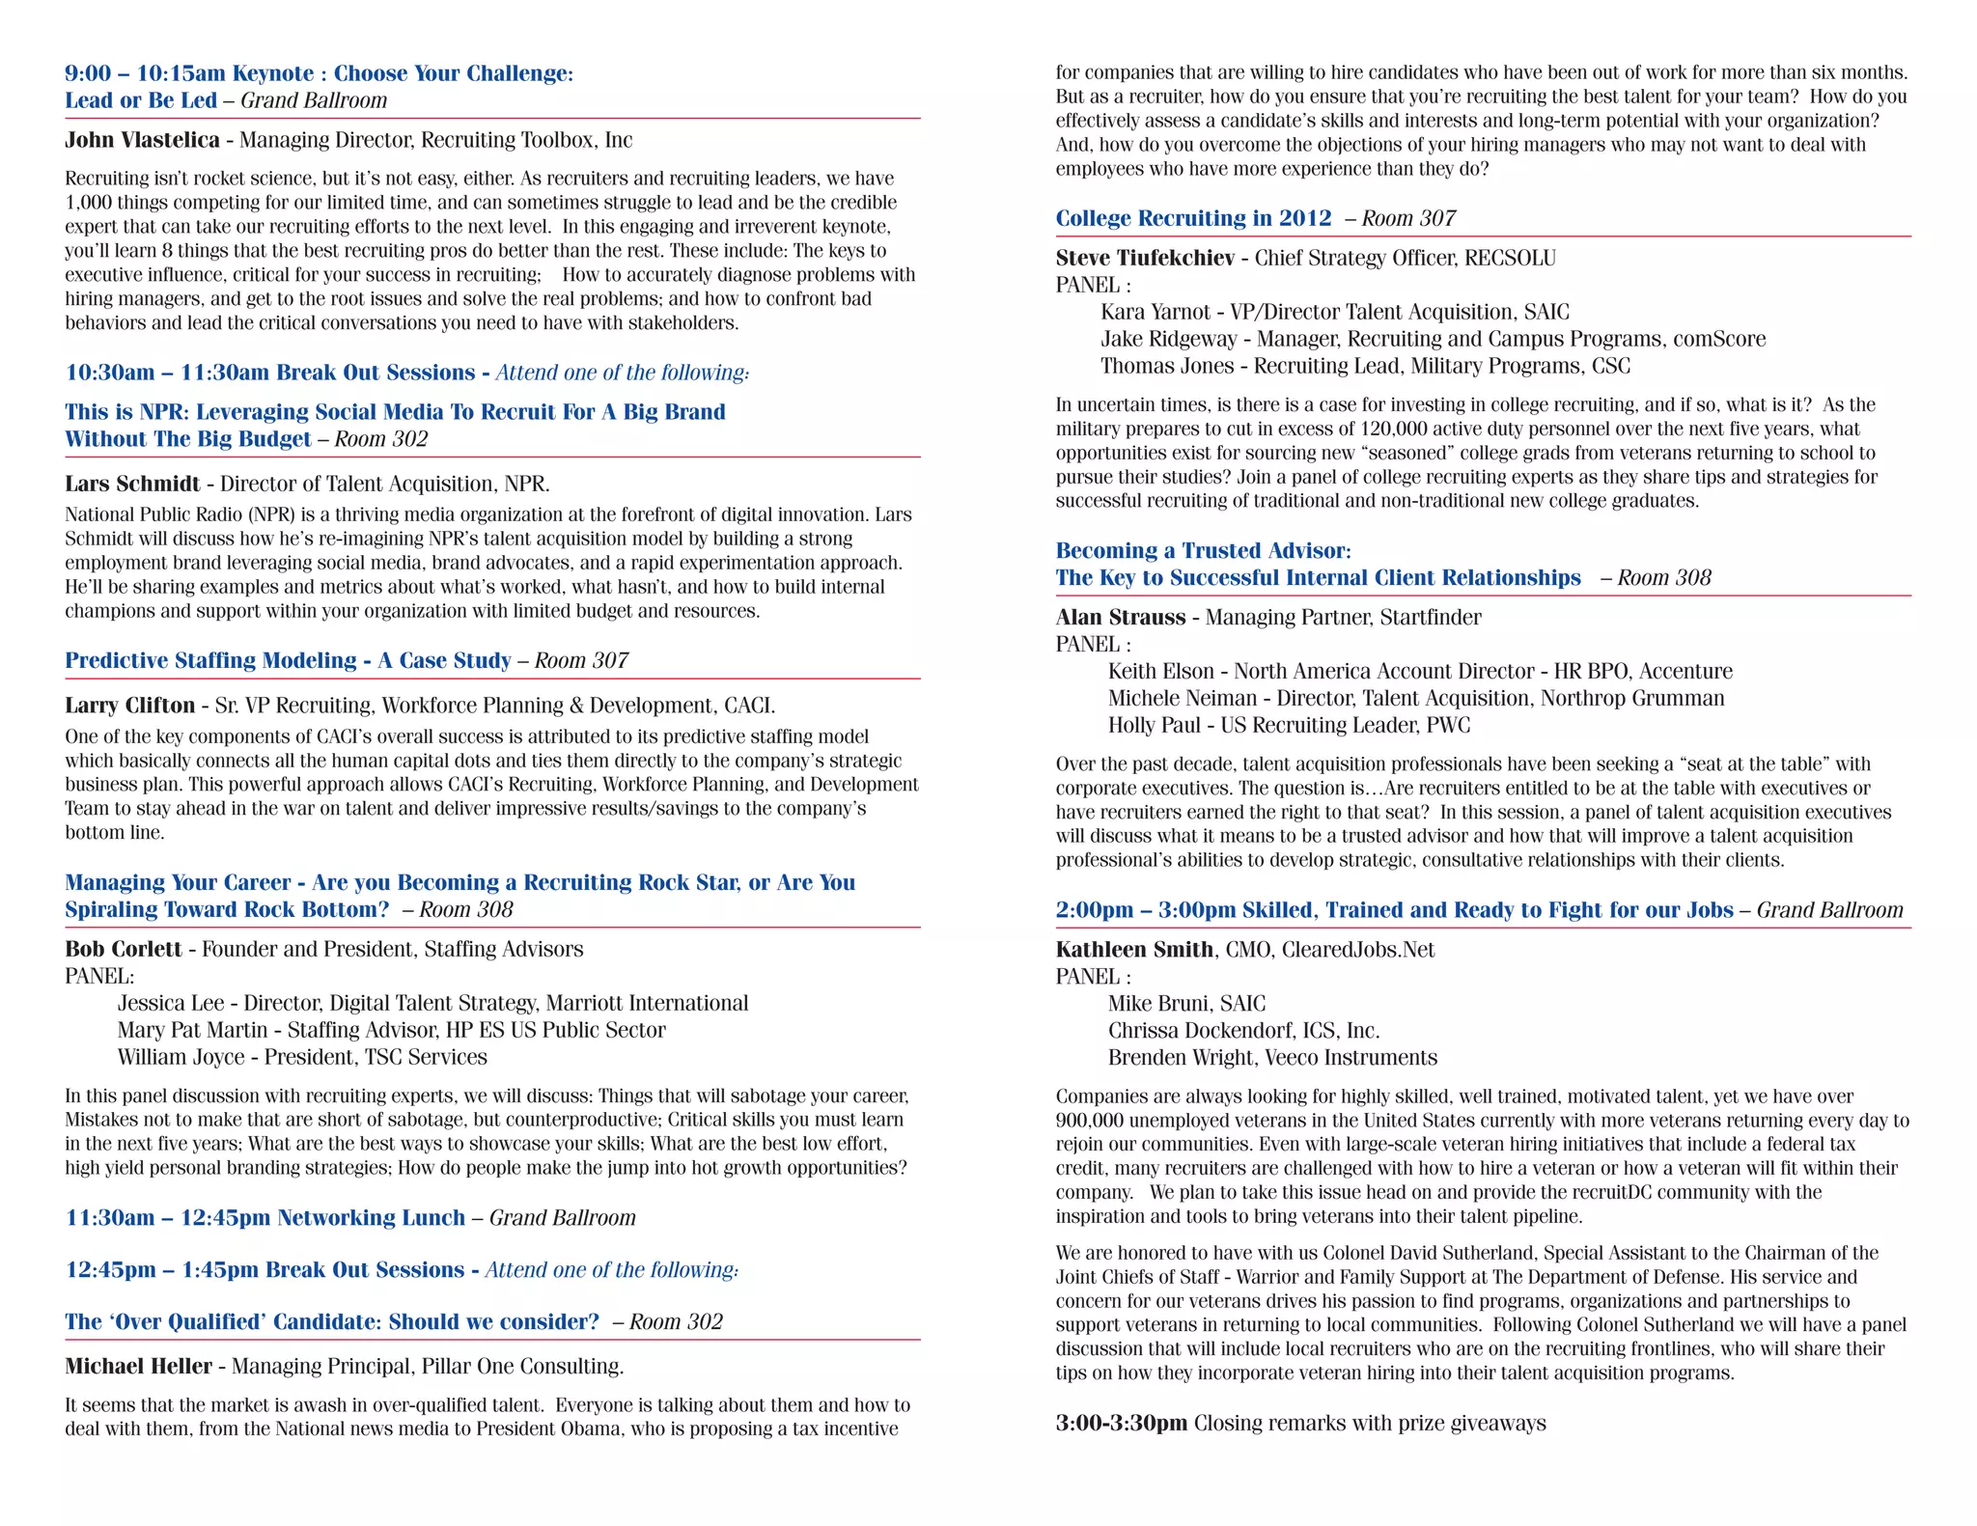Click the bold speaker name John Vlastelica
142,140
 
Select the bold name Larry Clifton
129,706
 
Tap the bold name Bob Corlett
123,949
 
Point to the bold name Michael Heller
138,1366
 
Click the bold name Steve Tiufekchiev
1144,258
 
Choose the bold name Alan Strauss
1120,617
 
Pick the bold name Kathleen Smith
1133,949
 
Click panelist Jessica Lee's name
170,1003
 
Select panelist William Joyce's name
181,1057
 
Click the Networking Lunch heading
371,1217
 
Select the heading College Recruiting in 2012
1193,218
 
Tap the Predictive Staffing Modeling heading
288,660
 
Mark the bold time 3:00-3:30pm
1121,1423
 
